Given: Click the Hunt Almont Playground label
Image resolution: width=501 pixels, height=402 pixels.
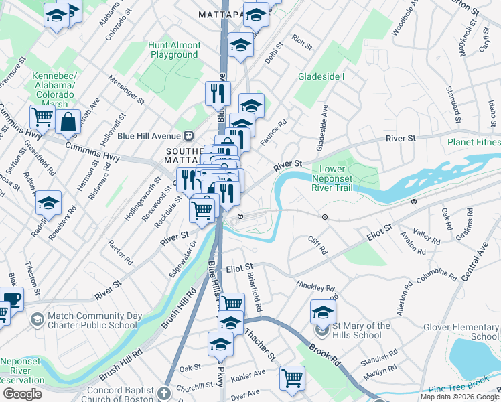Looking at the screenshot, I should [174, 50].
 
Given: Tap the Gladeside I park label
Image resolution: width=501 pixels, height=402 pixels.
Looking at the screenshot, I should [321, 76].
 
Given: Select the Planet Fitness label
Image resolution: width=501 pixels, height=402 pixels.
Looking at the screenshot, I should [474, 142].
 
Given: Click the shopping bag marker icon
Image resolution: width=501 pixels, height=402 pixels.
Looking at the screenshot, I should [68, 123].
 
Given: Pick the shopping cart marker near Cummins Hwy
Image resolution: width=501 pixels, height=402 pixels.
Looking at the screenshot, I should [42, 117].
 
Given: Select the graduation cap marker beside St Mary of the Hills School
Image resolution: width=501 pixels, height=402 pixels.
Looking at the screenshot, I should [323, 312].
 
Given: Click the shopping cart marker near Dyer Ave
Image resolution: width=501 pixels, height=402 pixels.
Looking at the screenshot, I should [293, 378].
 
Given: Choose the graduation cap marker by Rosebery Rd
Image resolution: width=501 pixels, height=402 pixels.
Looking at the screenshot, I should [49, 202].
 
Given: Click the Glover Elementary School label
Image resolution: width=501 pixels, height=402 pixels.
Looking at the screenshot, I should [461, 332].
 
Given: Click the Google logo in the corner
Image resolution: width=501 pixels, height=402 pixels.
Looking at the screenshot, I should [22, 394].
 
